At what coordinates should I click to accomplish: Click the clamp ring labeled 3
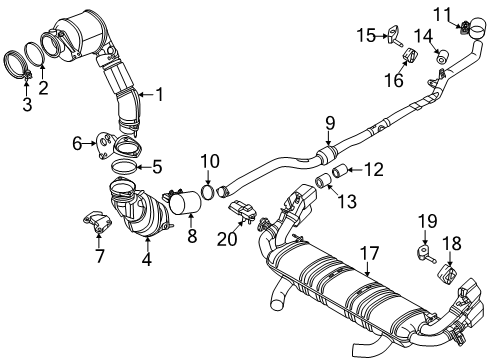[25, 65]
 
